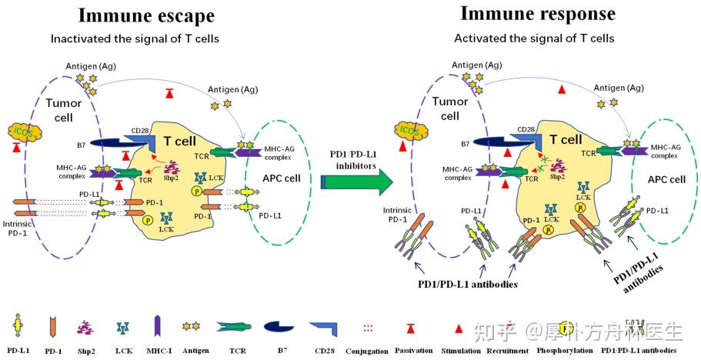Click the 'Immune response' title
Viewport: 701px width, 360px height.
pos(537,13)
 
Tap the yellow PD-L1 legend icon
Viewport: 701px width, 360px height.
pos(16,326)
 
